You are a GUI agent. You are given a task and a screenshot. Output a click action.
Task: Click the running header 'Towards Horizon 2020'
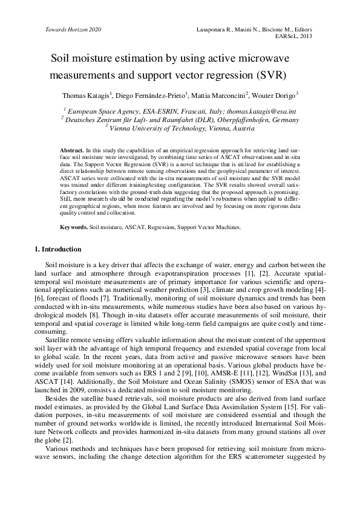click(x=73, y=30)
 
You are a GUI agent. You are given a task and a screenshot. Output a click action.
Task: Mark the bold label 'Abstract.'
click(x=72, y=149)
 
